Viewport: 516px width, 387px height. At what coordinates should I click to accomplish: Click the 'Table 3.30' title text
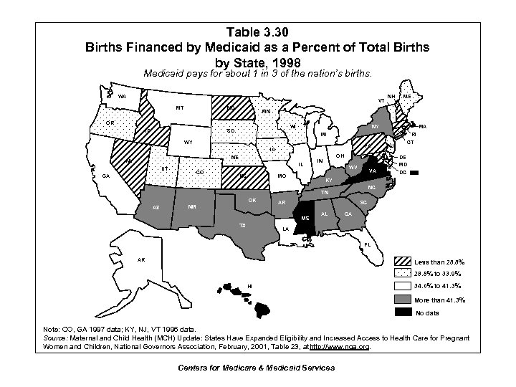(257, 32)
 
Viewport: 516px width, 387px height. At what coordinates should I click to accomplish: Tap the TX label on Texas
(242, 224)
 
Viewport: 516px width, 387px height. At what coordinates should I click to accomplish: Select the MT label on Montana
(181, 109)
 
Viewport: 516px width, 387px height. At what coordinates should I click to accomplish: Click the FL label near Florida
(367, 244)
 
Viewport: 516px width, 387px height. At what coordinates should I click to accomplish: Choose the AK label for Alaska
(141, 259)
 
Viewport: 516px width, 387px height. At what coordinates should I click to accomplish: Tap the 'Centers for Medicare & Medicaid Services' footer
(257, 368)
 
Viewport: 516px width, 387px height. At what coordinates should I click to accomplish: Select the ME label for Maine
(407, 95)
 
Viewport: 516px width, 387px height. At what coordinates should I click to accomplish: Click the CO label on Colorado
(199, 173)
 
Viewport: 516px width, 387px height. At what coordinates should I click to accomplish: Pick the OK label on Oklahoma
(252, 199)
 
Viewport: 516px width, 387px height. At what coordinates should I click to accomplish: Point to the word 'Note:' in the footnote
(53, 329)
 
